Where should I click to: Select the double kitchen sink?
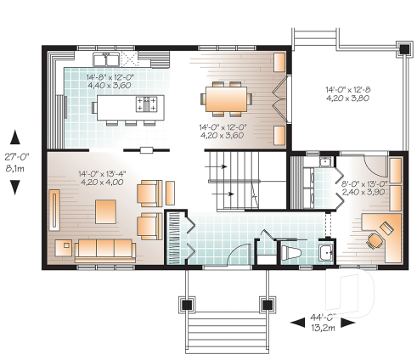tap(108, 60)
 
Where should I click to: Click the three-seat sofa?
tap(105, 248)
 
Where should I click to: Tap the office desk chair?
tap(375, 240)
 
